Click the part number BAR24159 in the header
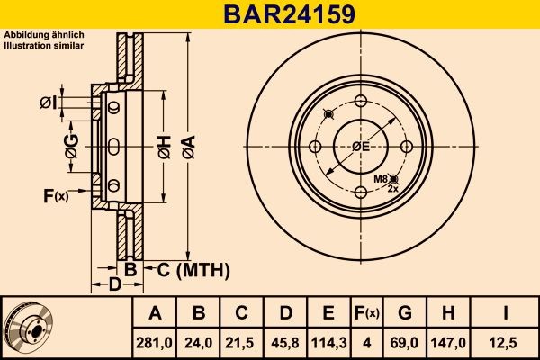coord(269,14)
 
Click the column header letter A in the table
coord(155,313)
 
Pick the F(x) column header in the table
coord(366,313)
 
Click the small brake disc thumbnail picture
coord(29,327)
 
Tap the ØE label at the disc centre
coord(361,147)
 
